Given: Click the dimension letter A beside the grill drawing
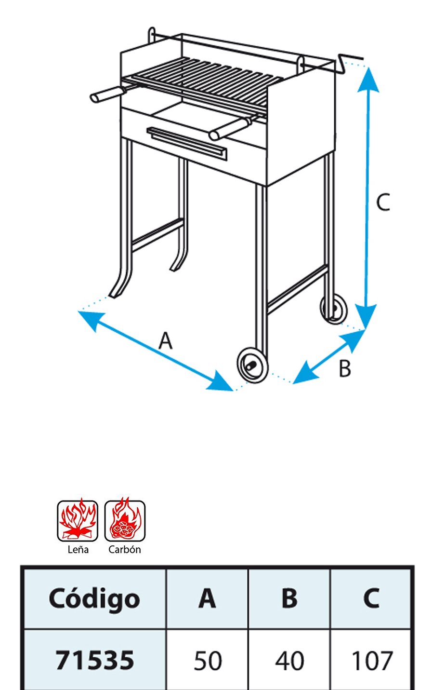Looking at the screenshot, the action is pyautogui.click(x=166, y=340).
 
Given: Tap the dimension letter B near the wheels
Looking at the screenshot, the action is pyautogui.click(x=344, y=369).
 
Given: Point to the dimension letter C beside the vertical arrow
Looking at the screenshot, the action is pyautogui.click(x=383, y=202).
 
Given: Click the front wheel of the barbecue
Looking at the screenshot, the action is pyautogui.click(x=252, y=365).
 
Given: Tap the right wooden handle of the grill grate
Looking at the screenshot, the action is pyautogui.click(x=229, y=130).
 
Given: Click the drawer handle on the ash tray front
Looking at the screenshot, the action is pyautogui.click(x=187, y=144).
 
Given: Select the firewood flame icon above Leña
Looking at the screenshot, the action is pyautogui.click(x=78, y=520).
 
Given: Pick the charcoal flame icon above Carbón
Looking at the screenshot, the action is pyautogui.click(x=125, y=520).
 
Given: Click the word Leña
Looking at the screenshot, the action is pyautogui.click(x=78, y=550).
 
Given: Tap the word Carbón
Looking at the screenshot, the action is pyautogui.click(x=125, y=550).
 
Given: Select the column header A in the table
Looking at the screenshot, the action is pyautogui.click(x=207, y=598).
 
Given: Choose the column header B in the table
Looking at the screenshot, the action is pyautogui.click(x=289, y=598).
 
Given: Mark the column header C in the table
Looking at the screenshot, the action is pyautogui.click(x=371, y=598).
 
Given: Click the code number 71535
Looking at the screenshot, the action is pyautogui.click(x=95, y=660).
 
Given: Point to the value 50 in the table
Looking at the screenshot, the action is pyautogui.click(x=208, y=661).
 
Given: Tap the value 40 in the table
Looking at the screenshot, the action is pyautogui.click(x=289, y=661).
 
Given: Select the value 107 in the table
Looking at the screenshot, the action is pyautogui.click(x=372, y=661).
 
